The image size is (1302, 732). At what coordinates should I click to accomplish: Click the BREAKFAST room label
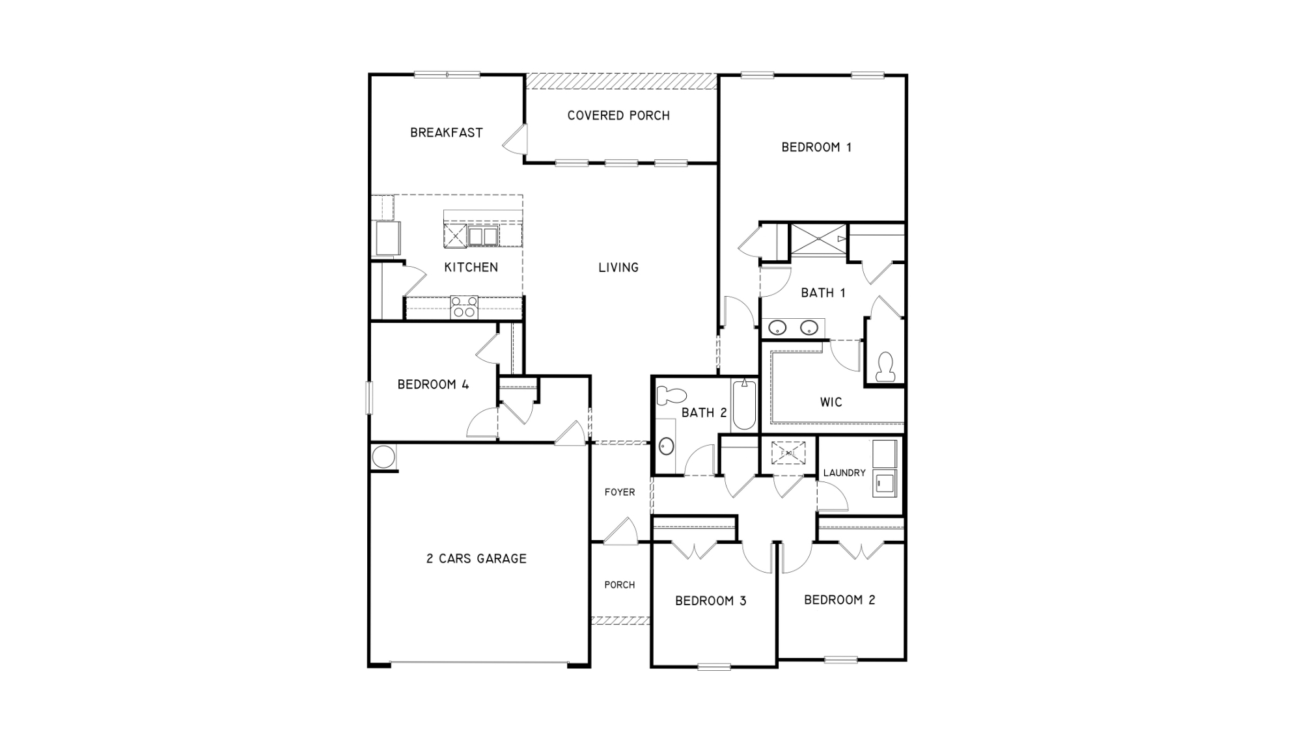point(446,133)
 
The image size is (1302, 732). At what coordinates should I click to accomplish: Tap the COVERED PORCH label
point(618,116)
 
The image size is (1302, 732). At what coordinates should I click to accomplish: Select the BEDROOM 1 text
point(816,148)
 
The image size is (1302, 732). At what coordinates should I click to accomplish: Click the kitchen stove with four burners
point(464,307)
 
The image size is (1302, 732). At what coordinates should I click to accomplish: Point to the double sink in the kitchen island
point(482,236)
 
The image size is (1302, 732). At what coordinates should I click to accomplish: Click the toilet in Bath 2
point(671,395)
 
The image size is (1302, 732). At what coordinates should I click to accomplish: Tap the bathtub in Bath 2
point(744,405)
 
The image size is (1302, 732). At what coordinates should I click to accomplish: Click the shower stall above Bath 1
point(818,239)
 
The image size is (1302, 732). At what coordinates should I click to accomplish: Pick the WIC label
point(831,403)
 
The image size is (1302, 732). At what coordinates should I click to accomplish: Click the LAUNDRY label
point(844,473)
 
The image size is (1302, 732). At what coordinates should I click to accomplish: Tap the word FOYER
point(619,493)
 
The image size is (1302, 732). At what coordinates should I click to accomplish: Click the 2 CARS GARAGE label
point(476,559)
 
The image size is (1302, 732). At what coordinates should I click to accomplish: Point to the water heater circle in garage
point(383,456)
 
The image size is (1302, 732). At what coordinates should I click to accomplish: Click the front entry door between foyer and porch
point(620,532)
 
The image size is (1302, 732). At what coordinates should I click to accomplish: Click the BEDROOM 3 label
point(710,601)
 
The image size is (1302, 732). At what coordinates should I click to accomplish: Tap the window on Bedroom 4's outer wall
point(369,398)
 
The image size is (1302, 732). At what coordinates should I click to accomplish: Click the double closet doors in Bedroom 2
point(861,551)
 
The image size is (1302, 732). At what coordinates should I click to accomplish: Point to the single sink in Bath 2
point(666,446)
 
